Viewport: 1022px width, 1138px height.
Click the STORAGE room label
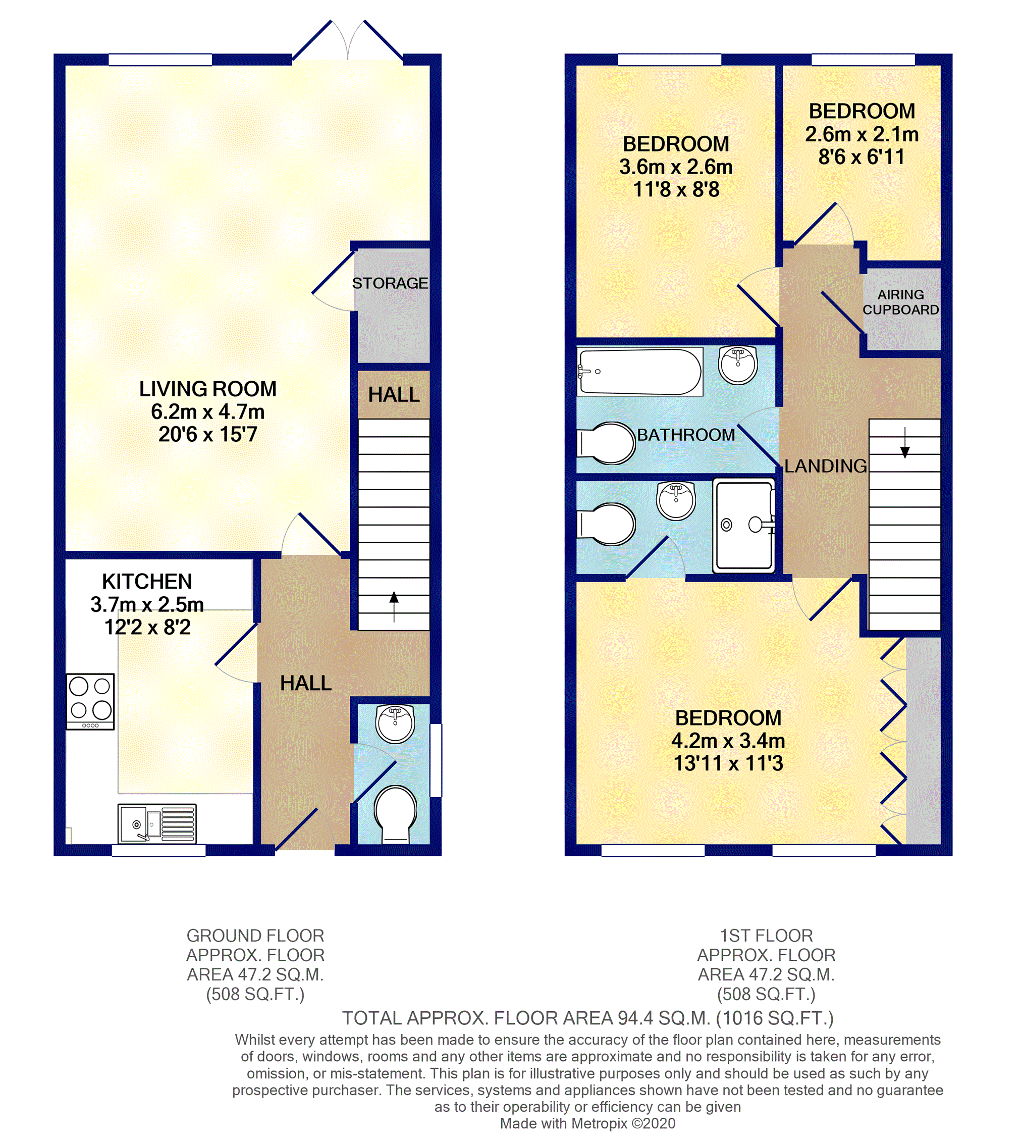point(390,283)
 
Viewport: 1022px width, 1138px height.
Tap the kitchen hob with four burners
point(90,701)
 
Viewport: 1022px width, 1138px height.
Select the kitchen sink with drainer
point(156,823)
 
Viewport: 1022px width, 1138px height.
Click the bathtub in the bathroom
point(639,371)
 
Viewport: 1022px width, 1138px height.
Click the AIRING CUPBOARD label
point(900,302)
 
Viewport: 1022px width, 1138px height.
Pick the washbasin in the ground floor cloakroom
point(395,723)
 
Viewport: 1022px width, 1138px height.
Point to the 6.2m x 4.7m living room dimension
point(207,411)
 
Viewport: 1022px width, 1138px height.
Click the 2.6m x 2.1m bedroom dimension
point(862,134)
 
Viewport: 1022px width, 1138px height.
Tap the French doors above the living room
point(348,42)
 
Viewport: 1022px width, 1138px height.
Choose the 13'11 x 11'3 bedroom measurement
point(728,763)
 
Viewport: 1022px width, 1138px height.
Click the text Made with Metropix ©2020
point(587,1123)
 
